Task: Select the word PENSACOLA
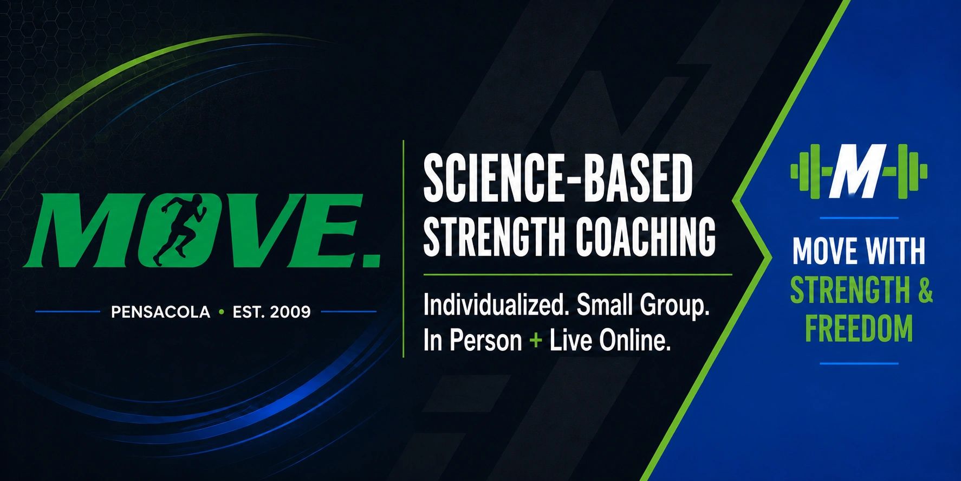pos(160,312)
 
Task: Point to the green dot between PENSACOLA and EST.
pos(221,312)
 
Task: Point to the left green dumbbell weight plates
pos(806,171)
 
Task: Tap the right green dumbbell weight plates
pos(911,171)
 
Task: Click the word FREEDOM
pos(859,329)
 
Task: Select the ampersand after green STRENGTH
pos(925,290)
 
